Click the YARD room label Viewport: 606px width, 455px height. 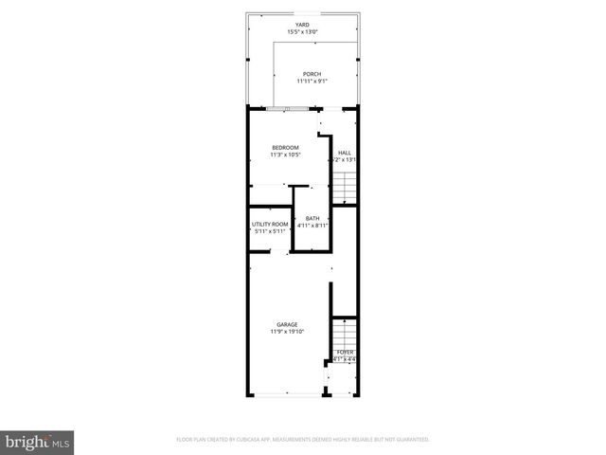302,26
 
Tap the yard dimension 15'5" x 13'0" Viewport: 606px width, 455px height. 302,33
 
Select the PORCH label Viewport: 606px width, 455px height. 312,74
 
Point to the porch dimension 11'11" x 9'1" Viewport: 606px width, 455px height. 312,82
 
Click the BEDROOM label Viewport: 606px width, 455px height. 285,147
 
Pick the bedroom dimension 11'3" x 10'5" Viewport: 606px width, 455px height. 285,155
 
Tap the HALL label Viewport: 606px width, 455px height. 345,153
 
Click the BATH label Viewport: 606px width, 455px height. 312,218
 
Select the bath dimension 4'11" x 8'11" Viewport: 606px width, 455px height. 312,226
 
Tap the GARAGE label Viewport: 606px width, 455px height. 287,324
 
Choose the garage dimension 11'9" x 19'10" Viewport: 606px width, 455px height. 287,332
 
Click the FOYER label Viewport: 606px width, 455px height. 345,352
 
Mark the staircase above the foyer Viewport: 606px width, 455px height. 345,333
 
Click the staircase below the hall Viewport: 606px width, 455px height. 345,189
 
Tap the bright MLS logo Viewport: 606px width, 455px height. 37,442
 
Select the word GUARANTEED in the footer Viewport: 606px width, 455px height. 410,440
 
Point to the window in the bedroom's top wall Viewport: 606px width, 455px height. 279,108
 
